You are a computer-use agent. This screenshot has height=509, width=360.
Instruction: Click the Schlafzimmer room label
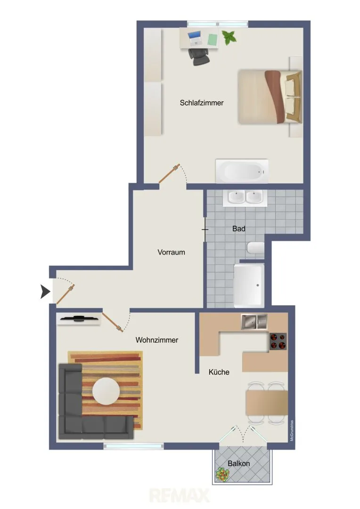[x=202, y=103]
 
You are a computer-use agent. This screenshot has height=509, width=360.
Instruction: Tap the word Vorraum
[x=171, y=252]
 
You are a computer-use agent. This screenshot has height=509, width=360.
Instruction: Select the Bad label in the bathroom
[x=238, y=229]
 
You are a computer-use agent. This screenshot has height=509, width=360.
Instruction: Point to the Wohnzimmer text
[x=157, y=340]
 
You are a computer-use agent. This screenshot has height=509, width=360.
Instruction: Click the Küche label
[x=219, y=372]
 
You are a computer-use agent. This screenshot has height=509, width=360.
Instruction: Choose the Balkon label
[x=238, y=464]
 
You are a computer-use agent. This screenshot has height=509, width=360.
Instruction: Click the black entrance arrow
[x=45, y=292]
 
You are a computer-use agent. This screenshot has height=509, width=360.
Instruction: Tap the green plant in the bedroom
[x=229, y=37]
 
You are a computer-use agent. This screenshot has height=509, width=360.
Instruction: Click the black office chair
[x=199, y=57]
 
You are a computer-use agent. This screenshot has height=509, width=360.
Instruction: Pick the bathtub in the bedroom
[x=242, y=171]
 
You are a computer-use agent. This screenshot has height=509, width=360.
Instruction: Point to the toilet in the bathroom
[x=256, y=248]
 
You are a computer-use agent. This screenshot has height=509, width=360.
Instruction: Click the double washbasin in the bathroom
[x=245, y=197]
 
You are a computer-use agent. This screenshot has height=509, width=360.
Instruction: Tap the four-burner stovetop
[x=278, y=341]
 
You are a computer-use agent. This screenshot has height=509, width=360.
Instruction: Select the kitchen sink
[x=254, y=322]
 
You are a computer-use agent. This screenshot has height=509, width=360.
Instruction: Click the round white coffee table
[x=106, y=391]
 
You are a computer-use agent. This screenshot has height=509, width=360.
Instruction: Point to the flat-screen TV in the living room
[x=78, y=319]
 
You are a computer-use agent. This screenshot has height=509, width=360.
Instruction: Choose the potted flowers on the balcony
[x=222, y=475]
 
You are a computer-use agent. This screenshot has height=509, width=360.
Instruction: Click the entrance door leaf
[x=65, y=295]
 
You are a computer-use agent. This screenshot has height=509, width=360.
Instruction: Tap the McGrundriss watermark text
[x=292, y=430]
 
